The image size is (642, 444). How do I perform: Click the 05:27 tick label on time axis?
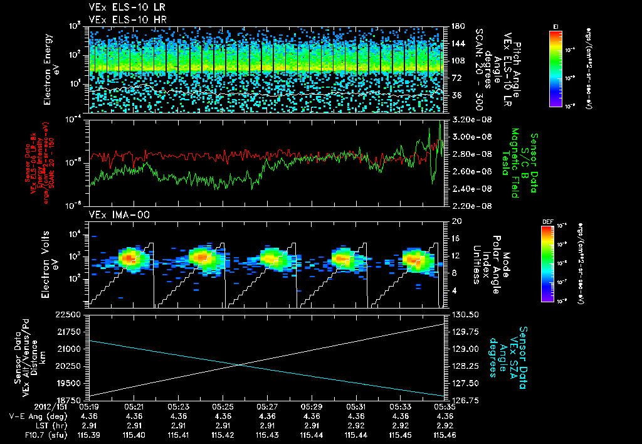[x=268, y=406]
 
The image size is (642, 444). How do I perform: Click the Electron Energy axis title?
[x=51, y=69]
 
